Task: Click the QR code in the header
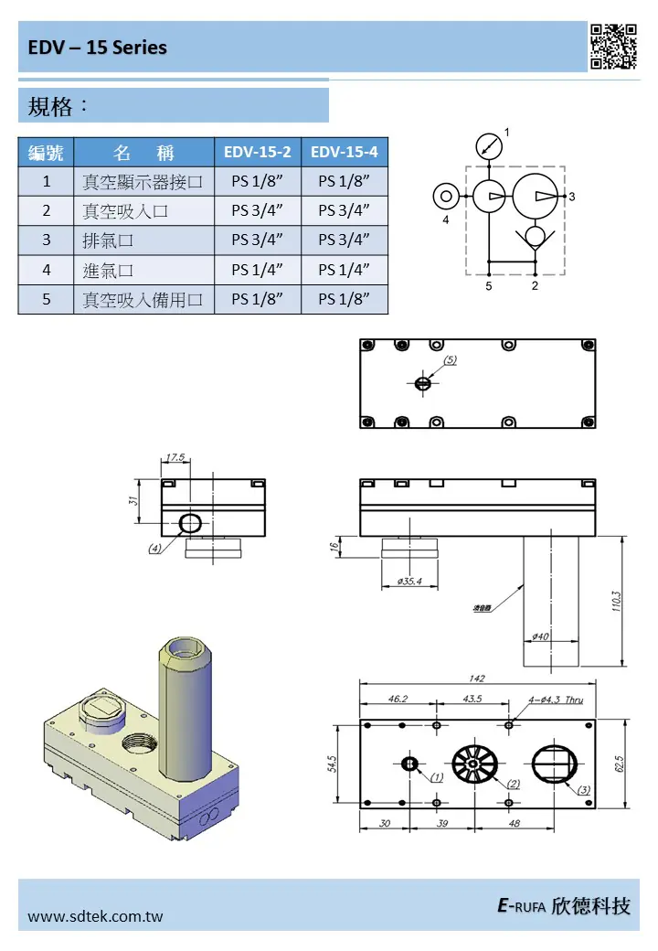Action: (613, 47)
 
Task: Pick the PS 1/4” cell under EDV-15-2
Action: (258, 270)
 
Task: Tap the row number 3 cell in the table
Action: (46, 240)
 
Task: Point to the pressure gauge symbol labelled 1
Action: (490, 146)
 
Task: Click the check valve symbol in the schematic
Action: (535, 236)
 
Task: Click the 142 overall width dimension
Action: (477, 679)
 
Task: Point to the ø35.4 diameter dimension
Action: (409, 582)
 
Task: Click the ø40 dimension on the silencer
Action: (540, 636)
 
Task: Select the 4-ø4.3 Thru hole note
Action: (556, 700)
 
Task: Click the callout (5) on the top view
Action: (451, 360)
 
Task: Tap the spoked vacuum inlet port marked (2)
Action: (474, 764)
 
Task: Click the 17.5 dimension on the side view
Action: (175, 457)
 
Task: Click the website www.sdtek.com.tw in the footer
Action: (96, 915)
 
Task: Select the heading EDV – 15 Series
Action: (97, 48)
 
